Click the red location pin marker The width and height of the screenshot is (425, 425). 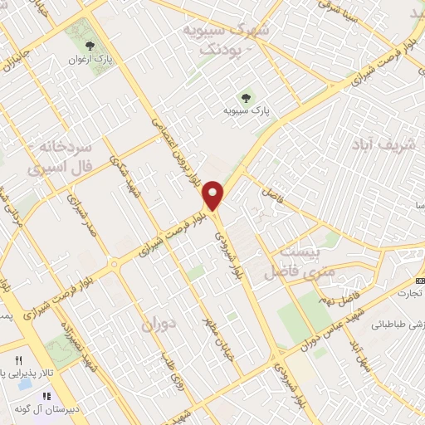[214, 194]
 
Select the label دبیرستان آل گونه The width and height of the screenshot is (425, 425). [51, 410]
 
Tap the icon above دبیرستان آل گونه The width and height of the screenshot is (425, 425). [47, 397]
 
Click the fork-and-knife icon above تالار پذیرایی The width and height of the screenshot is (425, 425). [18, 361]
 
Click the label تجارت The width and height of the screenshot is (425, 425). [408, 292]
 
